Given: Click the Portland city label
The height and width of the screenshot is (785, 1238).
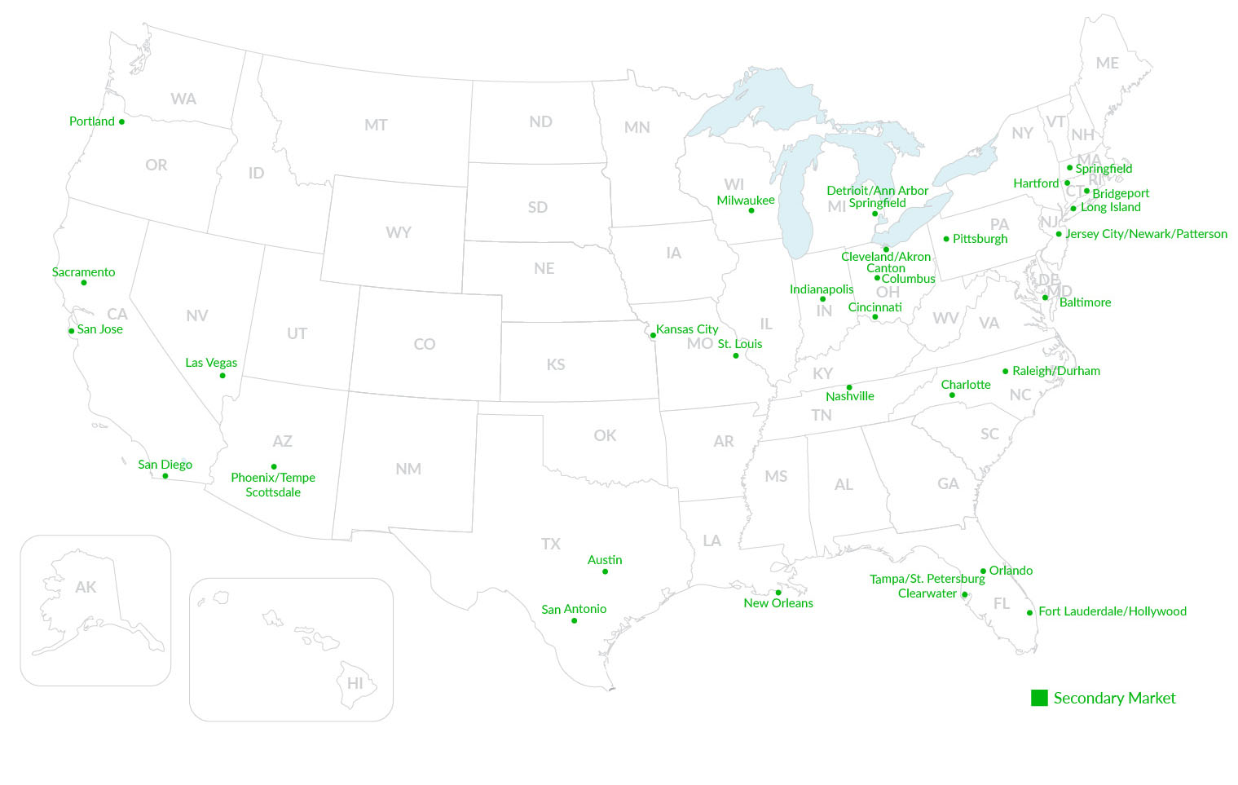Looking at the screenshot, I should coord(91,121).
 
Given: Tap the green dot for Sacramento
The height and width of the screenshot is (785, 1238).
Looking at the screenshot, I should coord(84,283).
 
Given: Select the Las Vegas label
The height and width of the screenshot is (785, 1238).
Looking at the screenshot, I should coord(211,363).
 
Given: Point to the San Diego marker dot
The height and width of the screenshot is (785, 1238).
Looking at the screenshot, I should coord(165,476).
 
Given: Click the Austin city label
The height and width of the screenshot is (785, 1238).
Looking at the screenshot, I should coord(605,560).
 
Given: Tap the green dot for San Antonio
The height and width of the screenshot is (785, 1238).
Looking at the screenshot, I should coord(575,621).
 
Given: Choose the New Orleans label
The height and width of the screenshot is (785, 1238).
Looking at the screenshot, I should coord(778,603).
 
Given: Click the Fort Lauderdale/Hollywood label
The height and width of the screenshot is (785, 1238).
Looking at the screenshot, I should coord(1112,611).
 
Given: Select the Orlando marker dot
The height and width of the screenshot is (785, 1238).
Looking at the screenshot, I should coord(984,571).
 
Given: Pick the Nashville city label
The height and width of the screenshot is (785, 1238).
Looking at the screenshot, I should coord(850,396).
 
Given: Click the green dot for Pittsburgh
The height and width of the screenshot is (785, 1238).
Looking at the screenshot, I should coord(946,239).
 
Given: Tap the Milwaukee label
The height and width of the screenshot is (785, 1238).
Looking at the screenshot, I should coord(746,201).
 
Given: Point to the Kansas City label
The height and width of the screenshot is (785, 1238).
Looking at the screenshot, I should coord(687,329).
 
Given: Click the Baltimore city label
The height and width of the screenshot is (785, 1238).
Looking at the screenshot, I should coord(1085,302).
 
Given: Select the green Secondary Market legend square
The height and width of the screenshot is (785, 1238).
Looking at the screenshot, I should coord(1039,698).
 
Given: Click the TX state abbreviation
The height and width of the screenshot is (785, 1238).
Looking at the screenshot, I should coord(551,544).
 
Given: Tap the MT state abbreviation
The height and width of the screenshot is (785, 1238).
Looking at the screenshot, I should coord(376,125).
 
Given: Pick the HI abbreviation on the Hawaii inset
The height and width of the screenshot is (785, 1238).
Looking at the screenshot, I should coord(355,683).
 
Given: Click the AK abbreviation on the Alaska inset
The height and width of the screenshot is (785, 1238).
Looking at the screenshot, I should coord(86,587).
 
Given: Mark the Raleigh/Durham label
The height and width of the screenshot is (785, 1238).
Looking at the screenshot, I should coord(1056,371).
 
